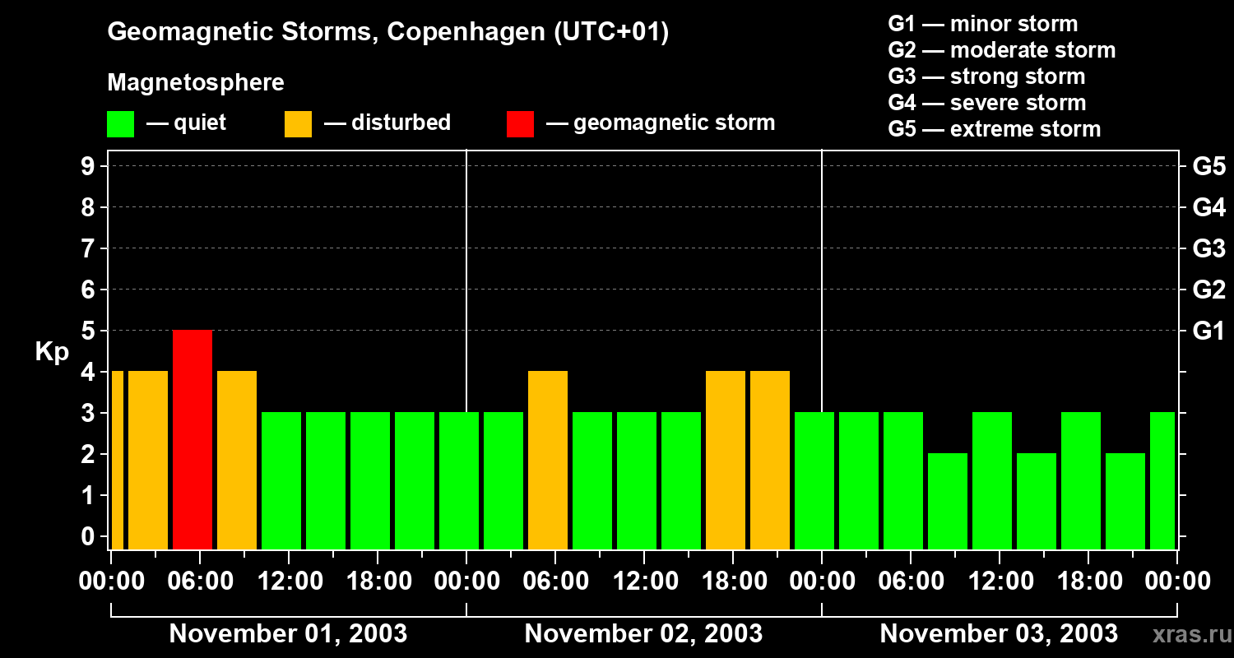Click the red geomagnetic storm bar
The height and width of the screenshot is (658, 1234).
[x=193, y=439]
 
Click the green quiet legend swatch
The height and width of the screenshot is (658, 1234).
[x=120, y=123]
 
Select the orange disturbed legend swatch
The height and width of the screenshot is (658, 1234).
[x=298, y=123]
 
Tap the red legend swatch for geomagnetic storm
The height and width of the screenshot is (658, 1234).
[x=520, y=123]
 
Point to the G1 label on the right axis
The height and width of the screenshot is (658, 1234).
[x=1208, y=331]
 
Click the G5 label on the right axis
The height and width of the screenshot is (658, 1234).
[x=1208, y=167]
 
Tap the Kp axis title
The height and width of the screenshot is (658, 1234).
[x=52, y=352]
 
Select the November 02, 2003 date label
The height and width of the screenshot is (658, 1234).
[x=643, y=634]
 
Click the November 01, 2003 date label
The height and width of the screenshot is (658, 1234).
[x=288, y=634]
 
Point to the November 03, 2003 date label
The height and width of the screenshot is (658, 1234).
[x=999, y=634]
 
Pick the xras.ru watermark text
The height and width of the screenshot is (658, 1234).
[x=1190, y=634]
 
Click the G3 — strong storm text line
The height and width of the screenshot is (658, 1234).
[x=986, y=76]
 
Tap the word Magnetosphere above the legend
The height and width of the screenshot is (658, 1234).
[x=196, y=83]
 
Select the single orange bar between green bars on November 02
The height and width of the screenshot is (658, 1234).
[x=548, y=460]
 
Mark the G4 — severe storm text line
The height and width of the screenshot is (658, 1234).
[x=987, y=103]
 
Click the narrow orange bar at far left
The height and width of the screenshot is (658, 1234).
[x=117, y=460]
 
